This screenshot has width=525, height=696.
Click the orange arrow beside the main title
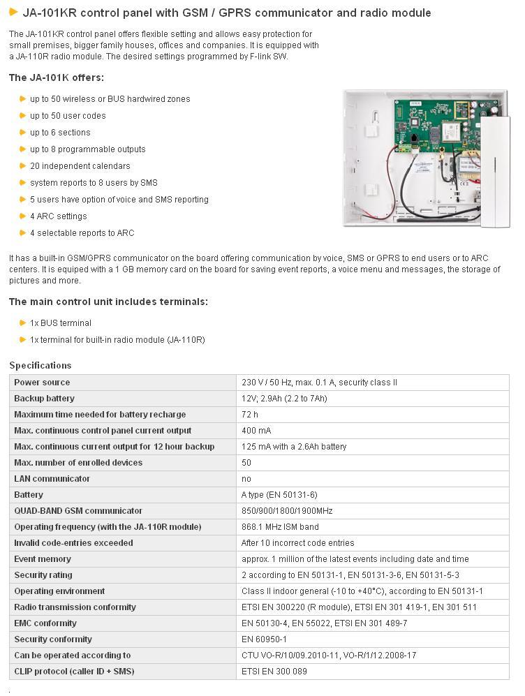13,12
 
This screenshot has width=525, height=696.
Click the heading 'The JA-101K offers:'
56,77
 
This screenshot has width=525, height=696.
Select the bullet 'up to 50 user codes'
68,116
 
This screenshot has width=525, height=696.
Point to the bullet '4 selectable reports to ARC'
82,233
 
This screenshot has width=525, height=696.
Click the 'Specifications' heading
40,365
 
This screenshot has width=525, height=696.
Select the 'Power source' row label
42,383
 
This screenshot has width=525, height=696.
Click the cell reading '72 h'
250,415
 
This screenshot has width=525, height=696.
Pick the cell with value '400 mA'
256,431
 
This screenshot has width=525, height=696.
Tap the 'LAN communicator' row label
52,479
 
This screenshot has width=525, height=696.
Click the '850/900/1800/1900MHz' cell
287,511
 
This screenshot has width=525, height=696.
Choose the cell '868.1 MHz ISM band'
280,527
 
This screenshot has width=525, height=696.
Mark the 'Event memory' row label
43,559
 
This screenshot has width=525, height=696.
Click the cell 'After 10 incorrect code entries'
297,543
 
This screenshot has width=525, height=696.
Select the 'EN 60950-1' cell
264,639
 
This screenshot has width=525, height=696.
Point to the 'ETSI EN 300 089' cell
274,672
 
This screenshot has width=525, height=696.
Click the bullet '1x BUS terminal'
60,323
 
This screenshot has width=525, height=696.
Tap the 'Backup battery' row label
44,399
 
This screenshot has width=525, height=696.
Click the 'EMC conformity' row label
45,623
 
